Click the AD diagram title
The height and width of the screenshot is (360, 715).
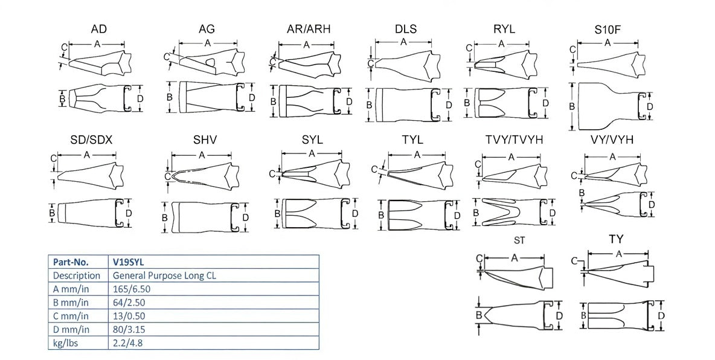tap(99, 29)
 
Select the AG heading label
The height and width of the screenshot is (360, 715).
tap(207, 29)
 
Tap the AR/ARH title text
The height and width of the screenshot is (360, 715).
tap(309, 29)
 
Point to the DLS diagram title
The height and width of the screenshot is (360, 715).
tap(406, 29)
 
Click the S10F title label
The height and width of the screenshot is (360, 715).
tap(607, 29)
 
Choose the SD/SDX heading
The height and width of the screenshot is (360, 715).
tap(91, 140)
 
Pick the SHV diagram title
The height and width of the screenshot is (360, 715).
tap(205, 140)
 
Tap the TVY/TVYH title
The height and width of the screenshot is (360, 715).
tap(514, 140)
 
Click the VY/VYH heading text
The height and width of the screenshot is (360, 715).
tap(612, 140)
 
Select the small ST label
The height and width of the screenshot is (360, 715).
tap(519, 240)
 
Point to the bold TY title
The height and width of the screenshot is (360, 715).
tap(616, 240)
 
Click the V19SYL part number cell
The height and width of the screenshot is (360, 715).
tap(128, 262)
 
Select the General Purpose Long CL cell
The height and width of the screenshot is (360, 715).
tap(164, 275)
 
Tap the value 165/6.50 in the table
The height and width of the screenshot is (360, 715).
tap(132, 289)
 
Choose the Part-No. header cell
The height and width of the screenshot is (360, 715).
tap(71, 262)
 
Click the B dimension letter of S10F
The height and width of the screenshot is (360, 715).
tap(572, 106)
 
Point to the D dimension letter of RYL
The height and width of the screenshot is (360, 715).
tap(546, 103)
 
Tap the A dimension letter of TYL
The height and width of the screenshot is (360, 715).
tap(417, 154)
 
